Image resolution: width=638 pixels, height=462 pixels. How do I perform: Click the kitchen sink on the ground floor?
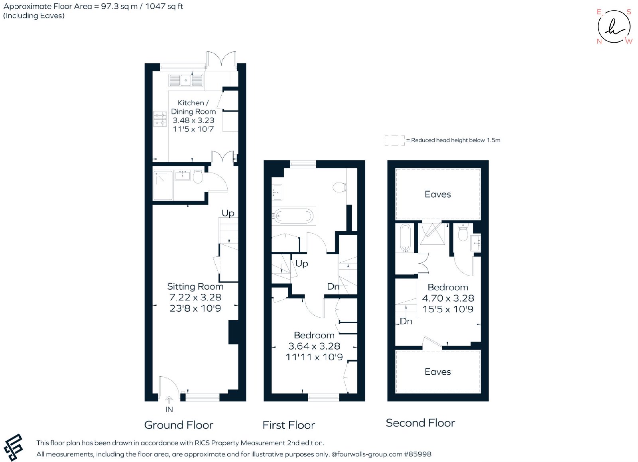click(186, 80)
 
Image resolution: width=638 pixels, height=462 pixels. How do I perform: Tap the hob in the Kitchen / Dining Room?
click(160, 119)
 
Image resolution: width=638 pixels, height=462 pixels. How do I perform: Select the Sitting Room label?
click(195, 286)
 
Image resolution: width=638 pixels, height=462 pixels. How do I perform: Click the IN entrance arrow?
click(169, 400)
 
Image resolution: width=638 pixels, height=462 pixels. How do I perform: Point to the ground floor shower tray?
click(163, 185)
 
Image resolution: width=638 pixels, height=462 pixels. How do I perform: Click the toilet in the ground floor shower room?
click(198, 177)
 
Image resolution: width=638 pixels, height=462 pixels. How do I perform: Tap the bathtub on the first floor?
click(293, 216)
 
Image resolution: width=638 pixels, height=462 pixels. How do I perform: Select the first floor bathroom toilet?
click(339, 188)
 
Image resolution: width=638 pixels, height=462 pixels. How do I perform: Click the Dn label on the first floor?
click(333, 286)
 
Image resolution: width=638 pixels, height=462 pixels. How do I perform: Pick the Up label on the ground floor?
click(228, 214)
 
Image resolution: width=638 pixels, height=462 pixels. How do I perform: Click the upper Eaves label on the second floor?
click(438, 195)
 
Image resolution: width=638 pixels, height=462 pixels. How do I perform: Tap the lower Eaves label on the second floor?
click(438, 372)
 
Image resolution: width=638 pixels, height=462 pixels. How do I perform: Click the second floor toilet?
click(463, 232)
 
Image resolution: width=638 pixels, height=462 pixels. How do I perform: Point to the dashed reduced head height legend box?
click(394, 141)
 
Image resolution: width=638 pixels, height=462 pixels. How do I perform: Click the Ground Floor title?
click(179, 425)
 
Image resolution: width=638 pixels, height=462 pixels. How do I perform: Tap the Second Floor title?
click(420, 423)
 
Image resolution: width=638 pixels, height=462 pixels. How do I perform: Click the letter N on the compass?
click(599, 41)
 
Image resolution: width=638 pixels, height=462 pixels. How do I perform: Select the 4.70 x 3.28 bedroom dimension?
click(448, 298)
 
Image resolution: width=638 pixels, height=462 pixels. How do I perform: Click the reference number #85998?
click(417, 454)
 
